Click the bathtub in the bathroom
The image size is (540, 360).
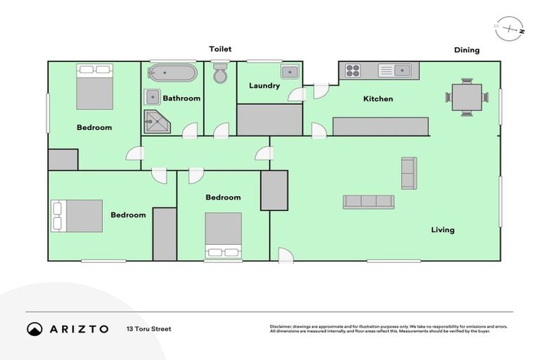coord(172,73)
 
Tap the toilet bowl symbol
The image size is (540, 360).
coord(220,73)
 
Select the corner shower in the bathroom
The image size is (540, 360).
coord(156,122)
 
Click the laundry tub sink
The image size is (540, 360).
coord(290,72)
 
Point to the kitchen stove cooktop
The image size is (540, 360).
coord(352,70)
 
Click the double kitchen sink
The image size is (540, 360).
coord(394,70)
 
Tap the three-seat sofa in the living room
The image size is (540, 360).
coord(368,202)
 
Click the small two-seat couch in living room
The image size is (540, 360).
coord(409,173)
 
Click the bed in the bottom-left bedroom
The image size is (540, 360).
coord(76,215)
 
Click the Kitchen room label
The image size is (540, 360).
coord(378,99)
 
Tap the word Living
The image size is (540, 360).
coord(443,230)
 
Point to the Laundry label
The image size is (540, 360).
coord(264,86)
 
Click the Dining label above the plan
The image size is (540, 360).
coord(466,50)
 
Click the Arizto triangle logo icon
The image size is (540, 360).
coord(34,329)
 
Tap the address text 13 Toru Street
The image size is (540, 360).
coord(148,328)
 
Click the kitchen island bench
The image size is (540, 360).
coord(380,127)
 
